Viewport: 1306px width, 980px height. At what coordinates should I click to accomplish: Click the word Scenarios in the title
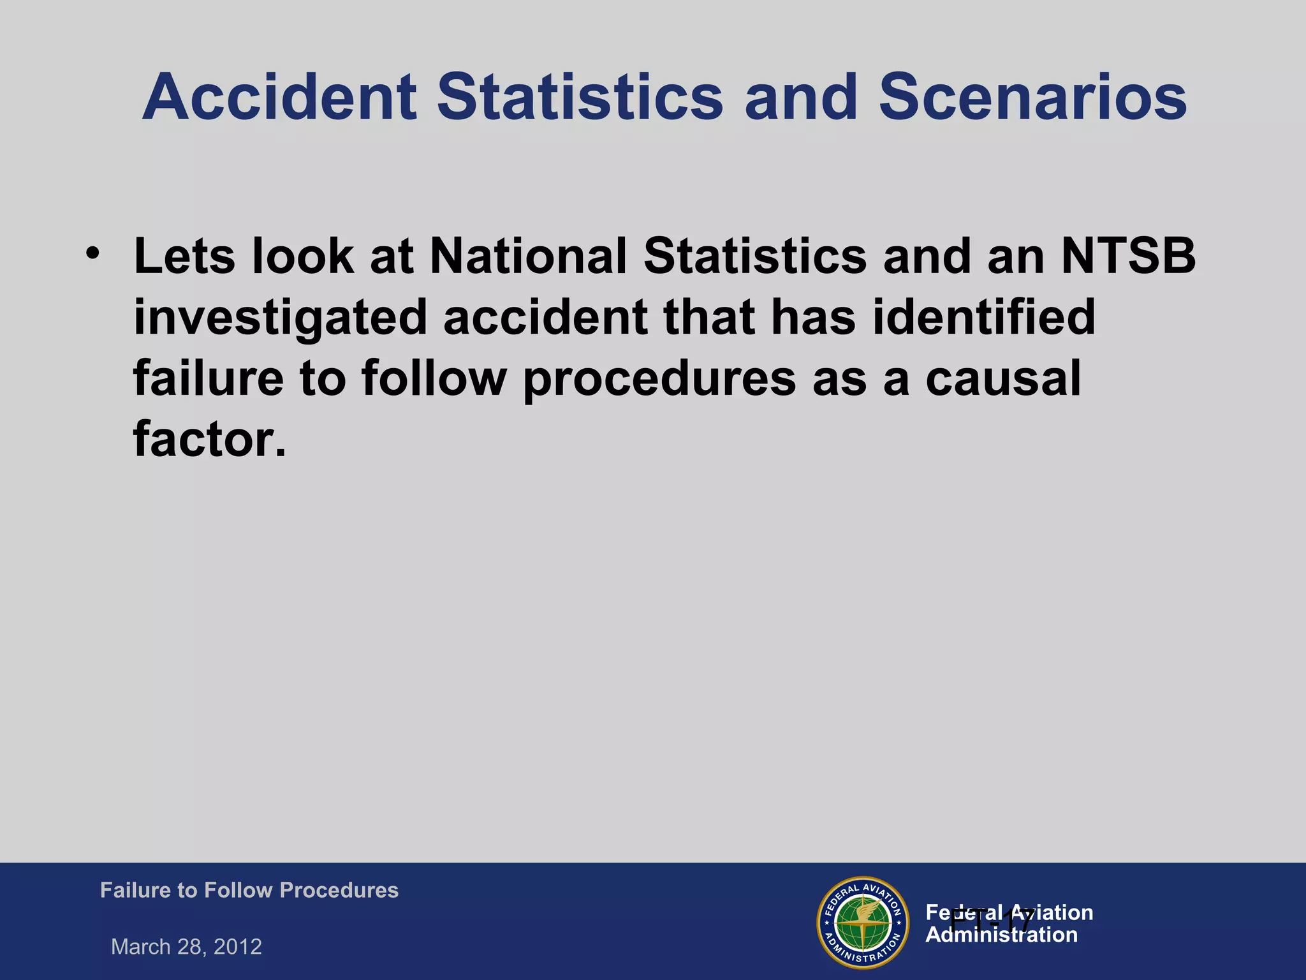[x=1033, y=97]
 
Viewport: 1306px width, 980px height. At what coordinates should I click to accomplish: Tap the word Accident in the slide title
[x=279, y=97]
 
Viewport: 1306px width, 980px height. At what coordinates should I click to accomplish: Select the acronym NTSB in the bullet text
[x=1128, y=256]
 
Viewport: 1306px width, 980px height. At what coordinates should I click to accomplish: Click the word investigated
[x=280, y=318]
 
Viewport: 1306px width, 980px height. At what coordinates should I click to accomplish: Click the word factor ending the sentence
[x=209, y=440]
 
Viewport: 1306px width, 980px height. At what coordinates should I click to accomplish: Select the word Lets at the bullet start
[x=184, y=256]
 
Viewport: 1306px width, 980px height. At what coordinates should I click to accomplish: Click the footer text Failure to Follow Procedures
[x=249, y=890]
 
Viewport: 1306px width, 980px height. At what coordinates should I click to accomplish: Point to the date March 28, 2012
[x=186, y=947]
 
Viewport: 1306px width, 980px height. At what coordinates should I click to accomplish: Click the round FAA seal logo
[x=863, y=923]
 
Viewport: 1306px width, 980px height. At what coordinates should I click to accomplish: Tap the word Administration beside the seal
[x=1001, y=935]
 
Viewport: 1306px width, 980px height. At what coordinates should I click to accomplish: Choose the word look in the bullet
[x=303, y=256]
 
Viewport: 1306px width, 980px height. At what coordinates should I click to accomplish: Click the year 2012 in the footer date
[x=238, y=947]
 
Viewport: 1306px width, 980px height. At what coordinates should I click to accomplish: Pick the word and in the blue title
[x=800, y=97]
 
